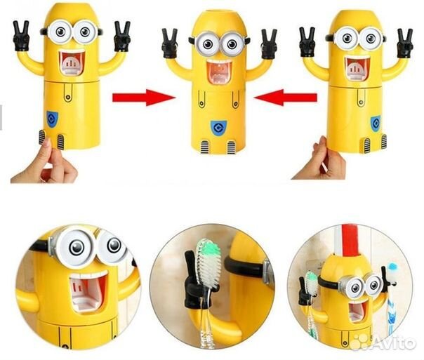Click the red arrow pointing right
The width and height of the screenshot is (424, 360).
[x=143, y=98]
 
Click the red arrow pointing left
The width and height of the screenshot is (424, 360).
[x=286, y=98]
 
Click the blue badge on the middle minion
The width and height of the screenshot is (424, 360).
[x=218, y=128]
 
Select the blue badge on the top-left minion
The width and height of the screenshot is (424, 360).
[x=52, y=119]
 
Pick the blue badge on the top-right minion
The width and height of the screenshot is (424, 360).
[x=376, y=124]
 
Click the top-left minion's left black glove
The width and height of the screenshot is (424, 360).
[x=21, y=36]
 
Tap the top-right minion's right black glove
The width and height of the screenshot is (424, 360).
[x=405, y=43]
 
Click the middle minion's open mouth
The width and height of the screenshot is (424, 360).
[x=220, y=72]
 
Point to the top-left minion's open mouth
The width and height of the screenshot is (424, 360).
[x=72, y=63]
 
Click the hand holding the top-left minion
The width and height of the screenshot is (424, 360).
[x=45, y=163]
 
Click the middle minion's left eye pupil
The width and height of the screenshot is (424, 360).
[x=208, y=44]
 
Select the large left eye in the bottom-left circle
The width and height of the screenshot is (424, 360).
[x=77, y=246]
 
